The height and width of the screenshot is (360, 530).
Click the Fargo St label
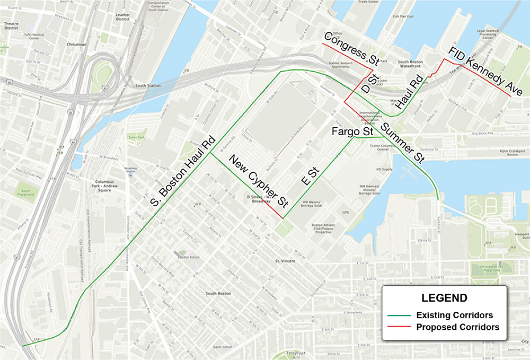[x=346, y=131]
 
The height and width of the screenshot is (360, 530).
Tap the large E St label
[x=308, y=176]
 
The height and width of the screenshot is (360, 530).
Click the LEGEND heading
[x=444, y=297]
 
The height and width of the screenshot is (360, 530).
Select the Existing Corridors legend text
[x=455, y=315]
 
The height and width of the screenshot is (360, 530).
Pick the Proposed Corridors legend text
[x=457, y=327]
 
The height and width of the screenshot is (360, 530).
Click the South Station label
[x=148, y=85]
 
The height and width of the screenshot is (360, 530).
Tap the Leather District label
[x=122, y=17]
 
